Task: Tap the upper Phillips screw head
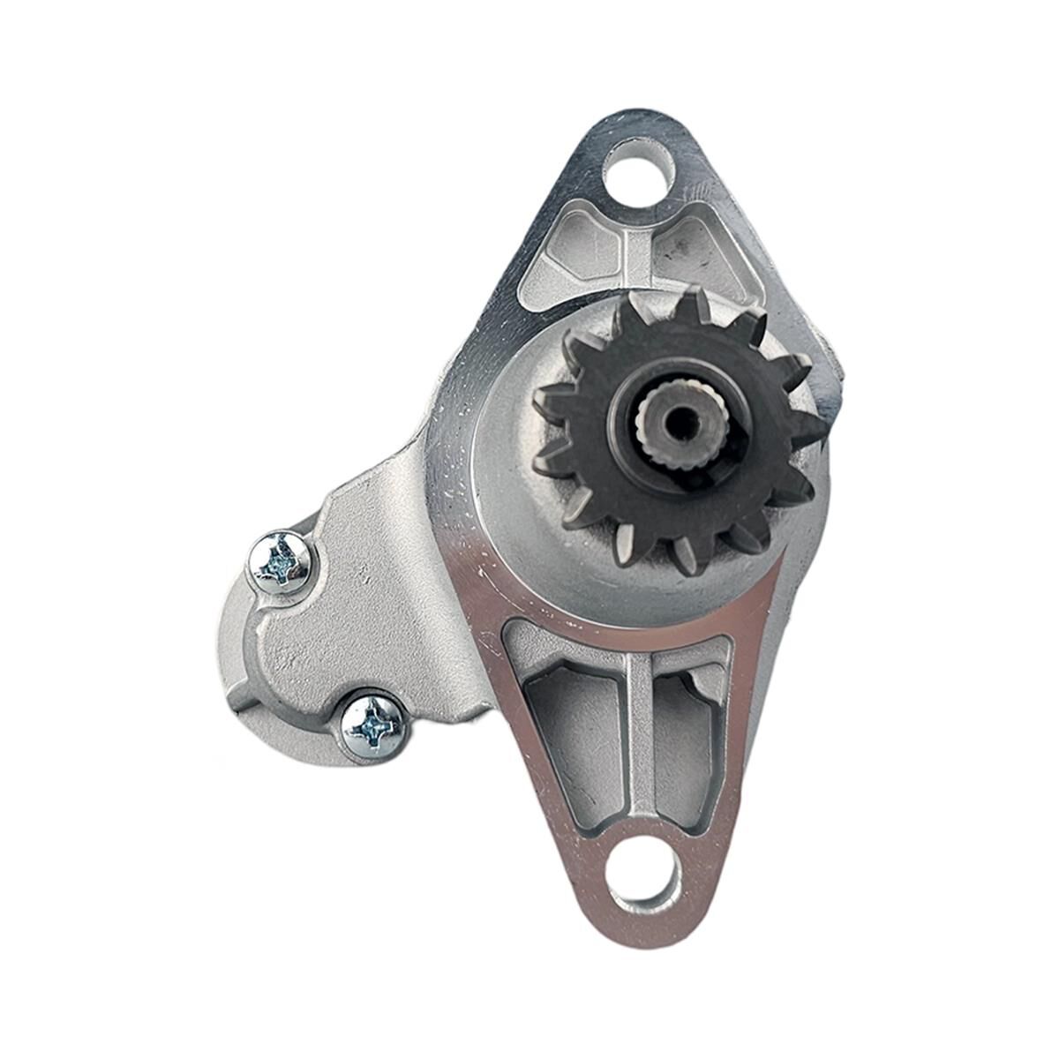(281, 562)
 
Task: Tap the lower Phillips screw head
(373, 726)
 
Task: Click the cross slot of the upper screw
(281, 562)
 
